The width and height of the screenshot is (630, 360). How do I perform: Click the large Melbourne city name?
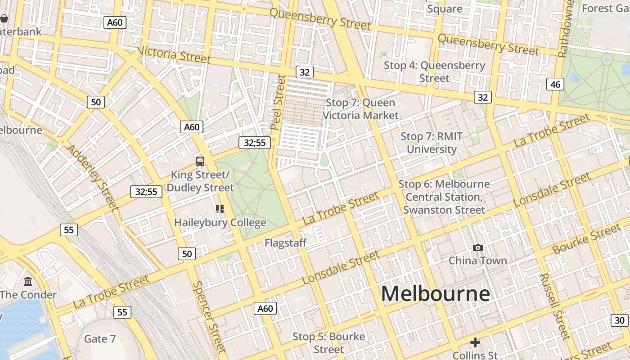435,294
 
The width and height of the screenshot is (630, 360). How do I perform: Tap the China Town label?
477,261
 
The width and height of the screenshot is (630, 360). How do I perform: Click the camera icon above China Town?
478,247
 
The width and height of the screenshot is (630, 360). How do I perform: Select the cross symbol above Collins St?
475,342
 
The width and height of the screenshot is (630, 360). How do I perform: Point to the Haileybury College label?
220,222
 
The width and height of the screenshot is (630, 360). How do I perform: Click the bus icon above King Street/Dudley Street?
200,161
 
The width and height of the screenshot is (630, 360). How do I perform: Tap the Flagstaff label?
285,243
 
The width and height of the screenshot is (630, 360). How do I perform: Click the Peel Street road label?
279,103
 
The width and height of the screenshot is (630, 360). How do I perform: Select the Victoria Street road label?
174,54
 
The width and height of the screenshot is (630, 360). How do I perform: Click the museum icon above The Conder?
28,282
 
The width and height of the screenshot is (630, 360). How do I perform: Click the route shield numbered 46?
555,84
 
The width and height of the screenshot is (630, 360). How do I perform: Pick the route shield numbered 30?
620,320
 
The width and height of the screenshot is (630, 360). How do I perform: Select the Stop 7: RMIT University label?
431,143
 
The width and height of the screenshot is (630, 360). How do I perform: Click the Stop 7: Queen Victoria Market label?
360,109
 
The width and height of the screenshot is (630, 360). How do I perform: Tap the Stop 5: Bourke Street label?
328,343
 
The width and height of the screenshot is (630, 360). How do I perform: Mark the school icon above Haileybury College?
220,209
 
